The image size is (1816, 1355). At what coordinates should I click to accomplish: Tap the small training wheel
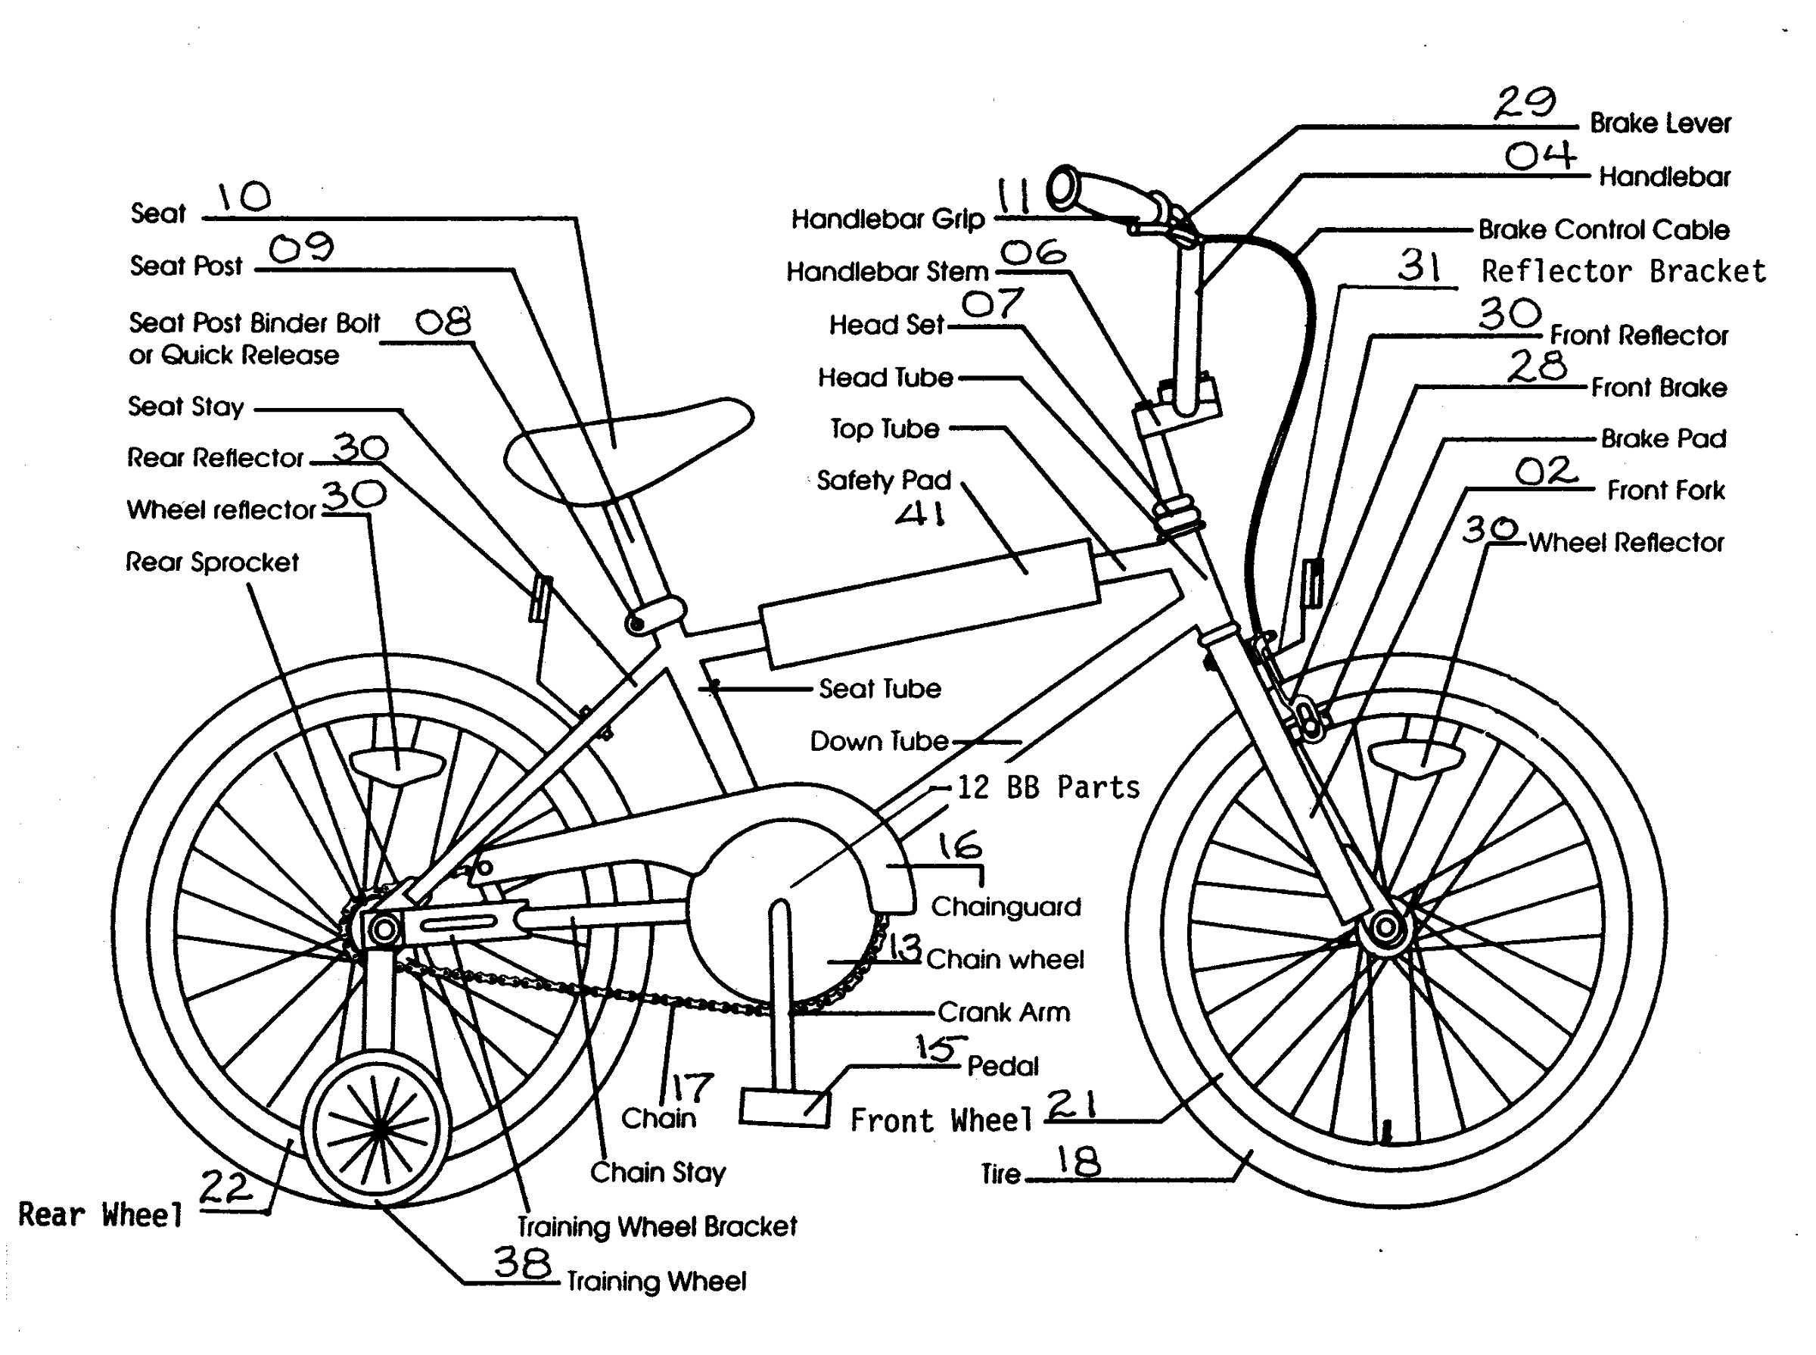pos(378,1130)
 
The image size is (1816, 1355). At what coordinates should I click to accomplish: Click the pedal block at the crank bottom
pos(784,1107)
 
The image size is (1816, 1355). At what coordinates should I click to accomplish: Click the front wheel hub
pos(1385,929)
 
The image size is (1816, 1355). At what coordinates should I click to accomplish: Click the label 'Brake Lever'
pos(1659,124)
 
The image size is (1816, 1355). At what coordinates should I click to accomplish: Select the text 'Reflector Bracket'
pos(1623,272)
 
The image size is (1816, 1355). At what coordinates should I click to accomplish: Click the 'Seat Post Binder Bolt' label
pos(254,323)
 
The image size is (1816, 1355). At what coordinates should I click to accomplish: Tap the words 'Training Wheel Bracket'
pos(657,1226)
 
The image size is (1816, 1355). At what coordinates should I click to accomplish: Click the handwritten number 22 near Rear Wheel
pos(225,1187)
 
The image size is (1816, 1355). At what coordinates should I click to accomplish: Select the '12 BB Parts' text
pos(1048,787)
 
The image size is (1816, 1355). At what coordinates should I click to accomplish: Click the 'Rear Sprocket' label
pos(212,562)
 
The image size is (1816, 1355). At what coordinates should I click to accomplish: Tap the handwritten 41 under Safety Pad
pos(920,514)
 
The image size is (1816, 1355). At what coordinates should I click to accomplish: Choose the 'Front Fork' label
pos(1665,491)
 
